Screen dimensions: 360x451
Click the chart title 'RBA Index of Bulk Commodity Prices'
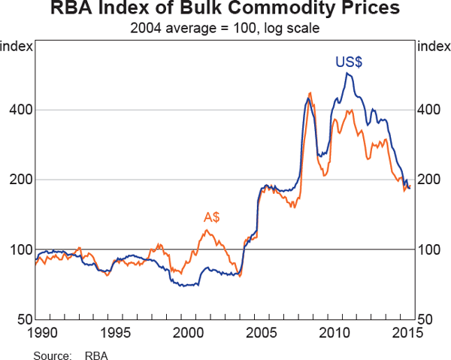[x=225, y=11]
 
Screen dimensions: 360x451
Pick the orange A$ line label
[x=212, y=217]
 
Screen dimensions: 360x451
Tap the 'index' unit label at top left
[x=17, y=47]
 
